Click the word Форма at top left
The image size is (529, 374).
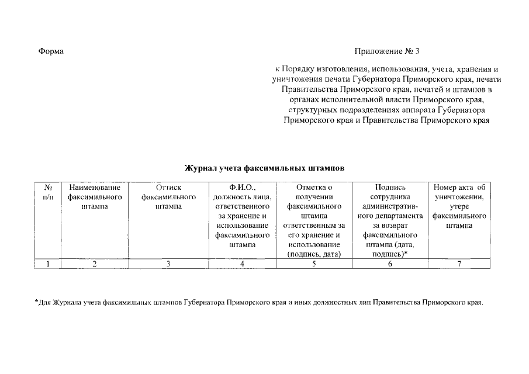click(51, 51)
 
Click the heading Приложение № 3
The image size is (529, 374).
click(387, 51)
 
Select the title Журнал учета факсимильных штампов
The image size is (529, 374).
click(265, 168)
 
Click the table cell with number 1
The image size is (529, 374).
click(49, 264)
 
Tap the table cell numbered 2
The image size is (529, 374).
click(95, 264)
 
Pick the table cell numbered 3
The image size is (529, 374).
click(168, 264)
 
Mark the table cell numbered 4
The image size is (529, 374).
click(242, 264)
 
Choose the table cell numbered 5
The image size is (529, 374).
click(314, 264)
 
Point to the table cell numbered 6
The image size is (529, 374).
click(390, 264)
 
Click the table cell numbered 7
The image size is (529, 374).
click(459, 264)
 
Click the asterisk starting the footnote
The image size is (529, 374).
click(36, 302)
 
